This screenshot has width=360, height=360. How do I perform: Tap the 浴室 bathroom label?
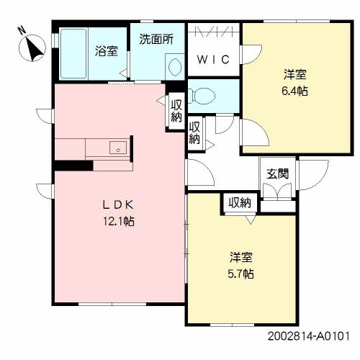(107, 51)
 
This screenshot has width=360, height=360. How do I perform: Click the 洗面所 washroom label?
(156, 40)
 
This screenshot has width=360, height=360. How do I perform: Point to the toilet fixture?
(204, 94)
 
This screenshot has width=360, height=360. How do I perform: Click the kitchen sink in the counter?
(117, 148)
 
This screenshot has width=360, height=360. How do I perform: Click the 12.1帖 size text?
(118, 221)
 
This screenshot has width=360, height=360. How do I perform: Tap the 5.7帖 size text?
(239, 274)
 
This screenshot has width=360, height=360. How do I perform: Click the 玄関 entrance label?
(279, 174)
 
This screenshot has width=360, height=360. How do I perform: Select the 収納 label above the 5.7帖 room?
(240, 203)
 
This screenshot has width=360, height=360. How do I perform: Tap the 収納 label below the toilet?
(194, 134)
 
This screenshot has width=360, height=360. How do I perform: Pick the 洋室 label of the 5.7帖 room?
(240, 257)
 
